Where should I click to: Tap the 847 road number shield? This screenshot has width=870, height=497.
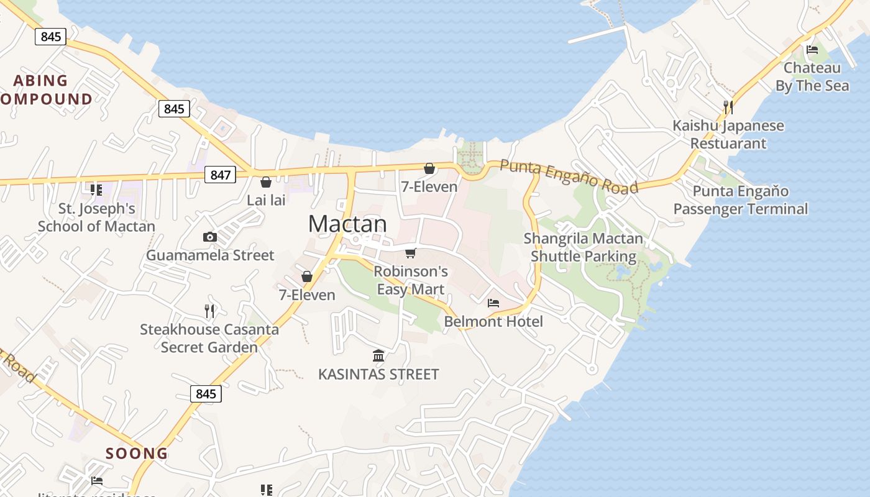[x=221, y=175]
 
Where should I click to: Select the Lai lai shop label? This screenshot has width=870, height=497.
[x=266, y=200]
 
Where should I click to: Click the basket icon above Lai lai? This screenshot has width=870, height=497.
[x=266, y=182]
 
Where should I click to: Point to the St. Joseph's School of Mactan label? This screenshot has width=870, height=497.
[x=96, y=217]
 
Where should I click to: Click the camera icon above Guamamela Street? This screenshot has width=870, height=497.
[x=210, y=237]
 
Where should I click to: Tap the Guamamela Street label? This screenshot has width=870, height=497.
[x=210, y=255]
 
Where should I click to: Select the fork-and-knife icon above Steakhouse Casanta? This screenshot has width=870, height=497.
[x=209, y=311]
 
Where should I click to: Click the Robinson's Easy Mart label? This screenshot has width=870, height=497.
[x=411, y=280]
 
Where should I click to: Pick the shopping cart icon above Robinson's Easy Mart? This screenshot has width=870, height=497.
[x=410, y=253]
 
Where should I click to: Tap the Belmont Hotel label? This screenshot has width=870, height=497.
[x=493, y=321]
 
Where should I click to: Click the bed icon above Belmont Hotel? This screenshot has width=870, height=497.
[x=493, y=303]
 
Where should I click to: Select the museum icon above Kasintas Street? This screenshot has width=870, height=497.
[x=378, y=355]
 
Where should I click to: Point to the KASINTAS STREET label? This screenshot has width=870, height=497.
[x=378, y=374]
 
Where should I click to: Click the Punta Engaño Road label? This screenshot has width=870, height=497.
[x=569, y=176]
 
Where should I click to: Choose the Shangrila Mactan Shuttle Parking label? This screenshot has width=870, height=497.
[x=584, y=247]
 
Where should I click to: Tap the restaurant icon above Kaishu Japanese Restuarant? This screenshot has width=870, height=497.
[x=728, y=107]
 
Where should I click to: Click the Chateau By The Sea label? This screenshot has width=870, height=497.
[x=812, y=76]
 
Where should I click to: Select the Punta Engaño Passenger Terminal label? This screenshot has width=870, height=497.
[x=741, y=200]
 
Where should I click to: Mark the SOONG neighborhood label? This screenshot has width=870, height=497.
[x=137, y=454]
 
